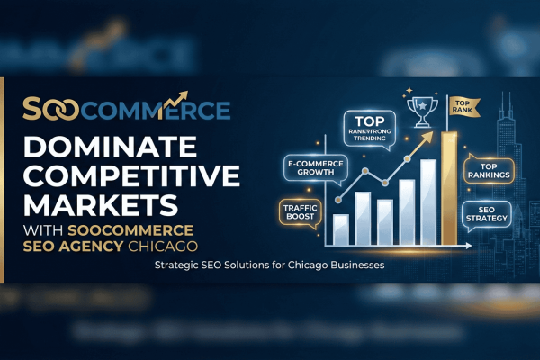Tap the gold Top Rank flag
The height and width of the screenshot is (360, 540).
click(x=462, y=104)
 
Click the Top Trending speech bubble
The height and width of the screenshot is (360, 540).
click(x=368, y=128)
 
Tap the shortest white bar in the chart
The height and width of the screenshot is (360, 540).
click(x=341, y=229)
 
